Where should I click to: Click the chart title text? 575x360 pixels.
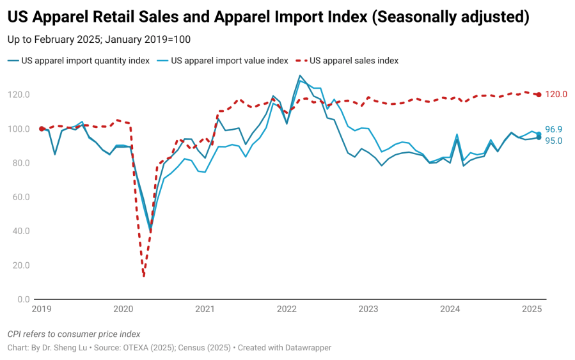click(x=269, y=17)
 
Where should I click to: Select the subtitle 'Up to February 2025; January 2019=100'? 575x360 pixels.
click(x=99, y=40)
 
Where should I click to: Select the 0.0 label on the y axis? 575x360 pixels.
click(x=23, y=299)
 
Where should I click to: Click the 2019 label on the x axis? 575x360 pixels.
click(x=42, y=309)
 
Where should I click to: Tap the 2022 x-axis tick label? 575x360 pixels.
click(x=287, y=309)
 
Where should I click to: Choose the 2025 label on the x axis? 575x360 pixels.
click(x=532, y=309)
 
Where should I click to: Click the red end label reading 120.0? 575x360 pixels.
click(x=556, y=95)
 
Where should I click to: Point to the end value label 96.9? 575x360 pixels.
click(x=553, y=129)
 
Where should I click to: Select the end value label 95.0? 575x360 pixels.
click(x=553, y=141)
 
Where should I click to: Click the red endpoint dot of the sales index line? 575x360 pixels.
click(x=539, y=95)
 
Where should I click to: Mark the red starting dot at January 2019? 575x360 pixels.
click(x=42, y=129)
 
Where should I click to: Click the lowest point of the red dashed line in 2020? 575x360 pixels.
click(x=144, y=276)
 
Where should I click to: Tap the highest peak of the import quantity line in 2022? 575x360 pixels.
click(x=300, y=75)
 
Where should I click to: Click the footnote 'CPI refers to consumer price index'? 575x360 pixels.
click(x=74, y=334)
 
